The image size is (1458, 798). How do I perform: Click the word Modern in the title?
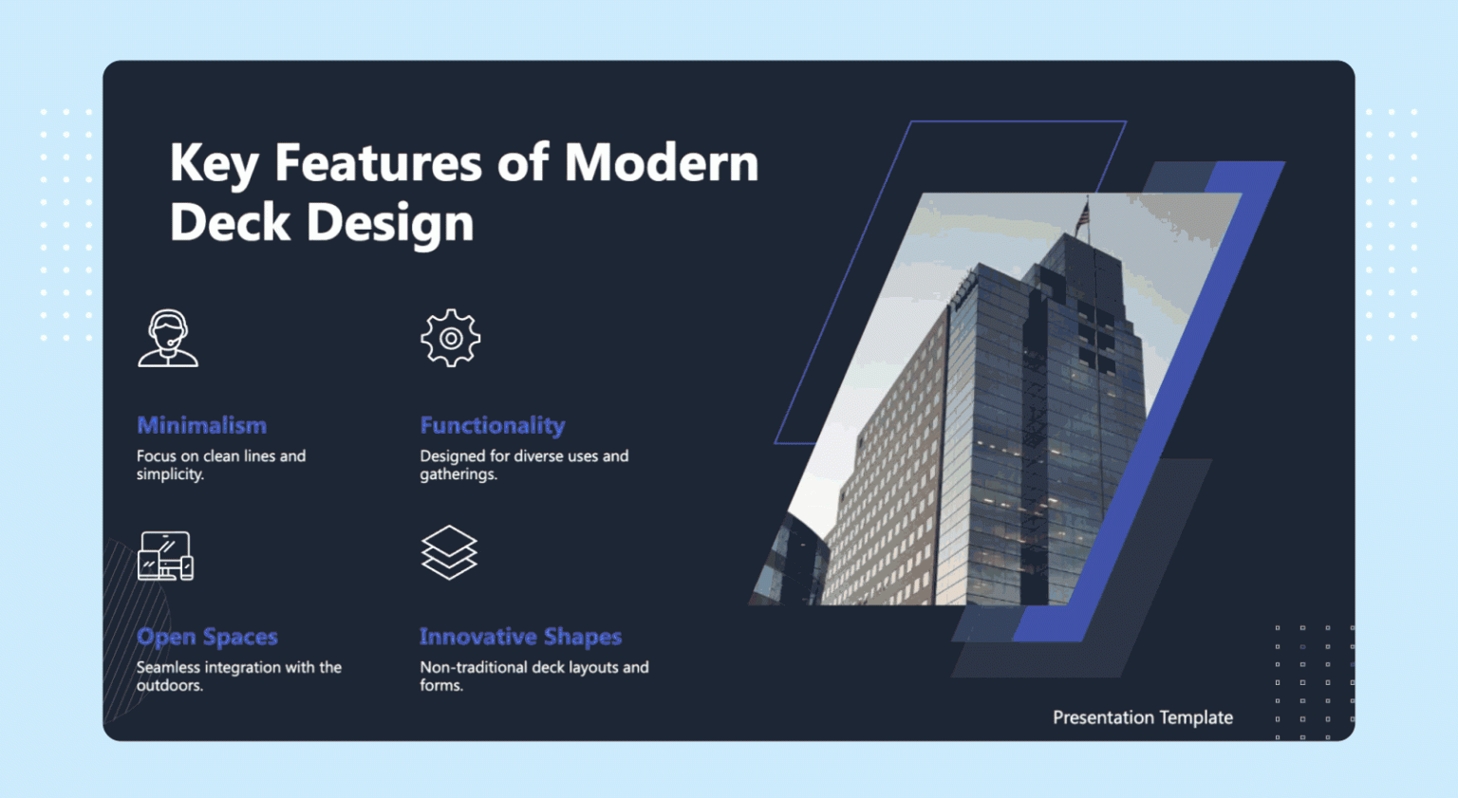(662, 162)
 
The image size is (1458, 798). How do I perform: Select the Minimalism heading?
(201, 425)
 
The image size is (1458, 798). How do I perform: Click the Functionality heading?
(492, 425)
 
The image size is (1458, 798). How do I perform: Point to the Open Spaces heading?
(207, 637)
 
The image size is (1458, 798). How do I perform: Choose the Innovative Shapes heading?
(520, 637)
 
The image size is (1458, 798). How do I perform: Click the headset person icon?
(168, 338)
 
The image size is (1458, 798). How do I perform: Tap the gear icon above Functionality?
(451, 338)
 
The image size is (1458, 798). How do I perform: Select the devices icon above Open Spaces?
(166, 555)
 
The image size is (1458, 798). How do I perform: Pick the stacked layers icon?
(449, 552)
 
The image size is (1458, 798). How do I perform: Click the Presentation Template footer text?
(1142, 717)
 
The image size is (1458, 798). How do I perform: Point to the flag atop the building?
(1082, 215)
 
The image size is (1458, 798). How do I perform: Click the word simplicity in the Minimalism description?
(169, 474)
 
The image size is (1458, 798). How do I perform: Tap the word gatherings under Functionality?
(458, 474)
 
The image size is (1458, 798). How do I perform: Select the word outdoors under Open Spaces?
(169, 685)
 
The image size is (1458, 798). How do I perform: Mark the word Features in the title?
(378, 162)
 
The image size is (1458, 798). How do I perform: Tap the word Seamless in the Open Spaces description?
(168, 667)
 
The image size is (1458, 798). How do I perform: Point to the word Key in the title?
(214, 162)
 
